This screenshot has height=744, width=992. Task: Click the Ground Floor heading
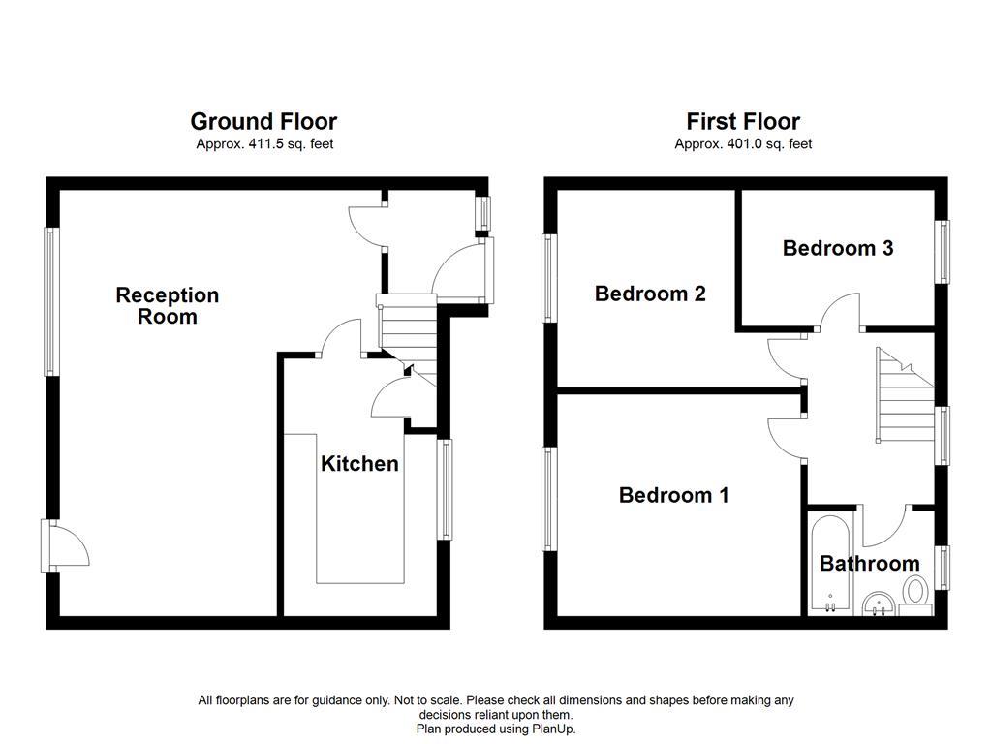[263, 121]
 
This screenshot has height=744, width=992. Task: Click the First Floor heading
[743, 121]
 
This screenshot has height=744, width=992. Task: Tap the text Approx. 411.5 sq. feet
[263, 143]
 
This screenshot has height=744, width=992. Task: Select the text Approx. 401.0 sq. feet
[743, 143]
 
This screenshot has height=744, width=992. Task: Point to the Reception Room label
[168, 305]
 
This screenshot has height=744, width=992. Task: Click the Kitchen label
[359, 464]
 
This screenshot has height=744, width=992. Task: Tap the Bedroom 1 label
[673, 495]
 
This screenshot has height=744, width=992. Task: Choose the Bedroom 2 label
[649, 294]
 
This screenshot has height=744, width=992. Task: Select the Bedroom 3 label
[837, 248]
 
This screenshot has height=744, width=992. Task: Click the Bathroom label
[869, 564]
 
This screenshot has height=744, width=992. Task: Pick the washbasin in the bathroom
[878, 604]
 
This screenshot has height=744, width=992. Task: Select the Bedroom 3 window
[942, 252]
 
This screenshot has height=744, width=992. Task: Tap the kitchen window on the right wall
[445, 489]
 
